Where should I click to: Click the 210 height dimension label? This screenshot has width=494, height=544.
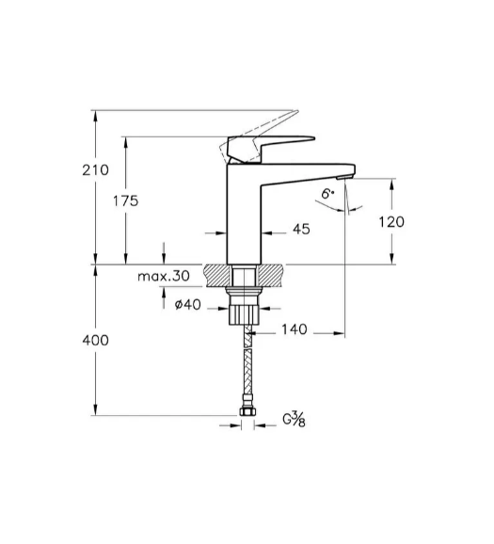click(95, 170)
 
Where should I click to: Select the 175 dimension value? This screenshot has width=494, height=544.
click(125, 200)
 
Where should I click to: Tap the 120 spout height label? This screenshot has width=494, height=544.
click(391, 222)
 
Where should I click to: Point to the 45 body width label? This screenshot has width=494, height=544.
click(301, 229)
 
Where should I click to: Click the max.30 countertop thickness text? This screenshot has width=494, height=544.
click(164, 276)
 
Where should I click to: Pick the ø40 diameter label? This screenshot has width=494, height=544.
click(187, 305)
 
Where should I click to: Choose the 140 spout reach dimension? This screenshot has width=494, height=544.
click(295, 329)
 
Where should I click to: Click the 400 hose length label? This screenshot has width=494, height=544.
click(95, 341)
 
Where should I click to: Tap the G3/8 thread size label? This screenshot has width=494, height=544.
click(294, 419)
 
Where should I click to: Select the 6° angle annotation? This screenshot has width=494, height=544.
click(327, 194)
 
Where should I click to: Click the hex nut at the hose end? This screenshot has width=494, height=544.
click(247, 411)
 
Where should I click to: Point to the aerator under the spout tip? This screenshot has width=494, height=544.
click(344, 178)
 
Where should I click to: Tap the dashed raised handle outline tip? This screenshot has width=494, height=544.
click(295, 112)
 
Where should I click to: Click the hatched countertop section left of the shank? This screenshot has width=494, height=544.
click(217, 276)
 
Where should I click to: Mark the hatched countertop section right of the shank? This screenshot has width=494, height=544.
click(270, 276)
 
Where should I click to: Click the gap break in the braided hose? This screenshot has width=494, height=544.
click(247, 348)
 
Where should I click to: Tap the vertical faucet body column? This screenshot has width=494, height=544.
click(244, 214)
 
